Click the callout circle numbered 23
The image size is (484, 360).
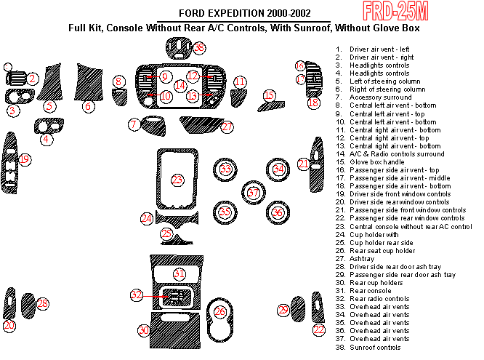coord(177,179)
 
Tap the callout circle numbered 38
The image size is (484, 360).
coord(199,47)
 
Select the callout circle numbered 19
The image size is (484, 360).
coord(25,159)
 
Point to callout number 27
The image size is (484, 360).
coord(228,127)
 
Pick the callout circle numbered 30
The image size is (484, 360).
coord(144,331)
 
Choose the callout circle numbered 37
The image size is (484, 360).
coord(253,193)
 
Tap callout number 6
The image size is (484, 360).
coord(88,106)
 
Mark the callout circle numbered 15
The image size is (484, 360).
coord(270,95)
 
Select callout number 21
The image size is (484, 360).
coord(303,164)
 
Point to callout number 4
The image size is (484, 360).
coord(47,138)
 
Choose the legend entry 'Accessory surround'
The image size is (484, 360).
coord(381,97)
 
